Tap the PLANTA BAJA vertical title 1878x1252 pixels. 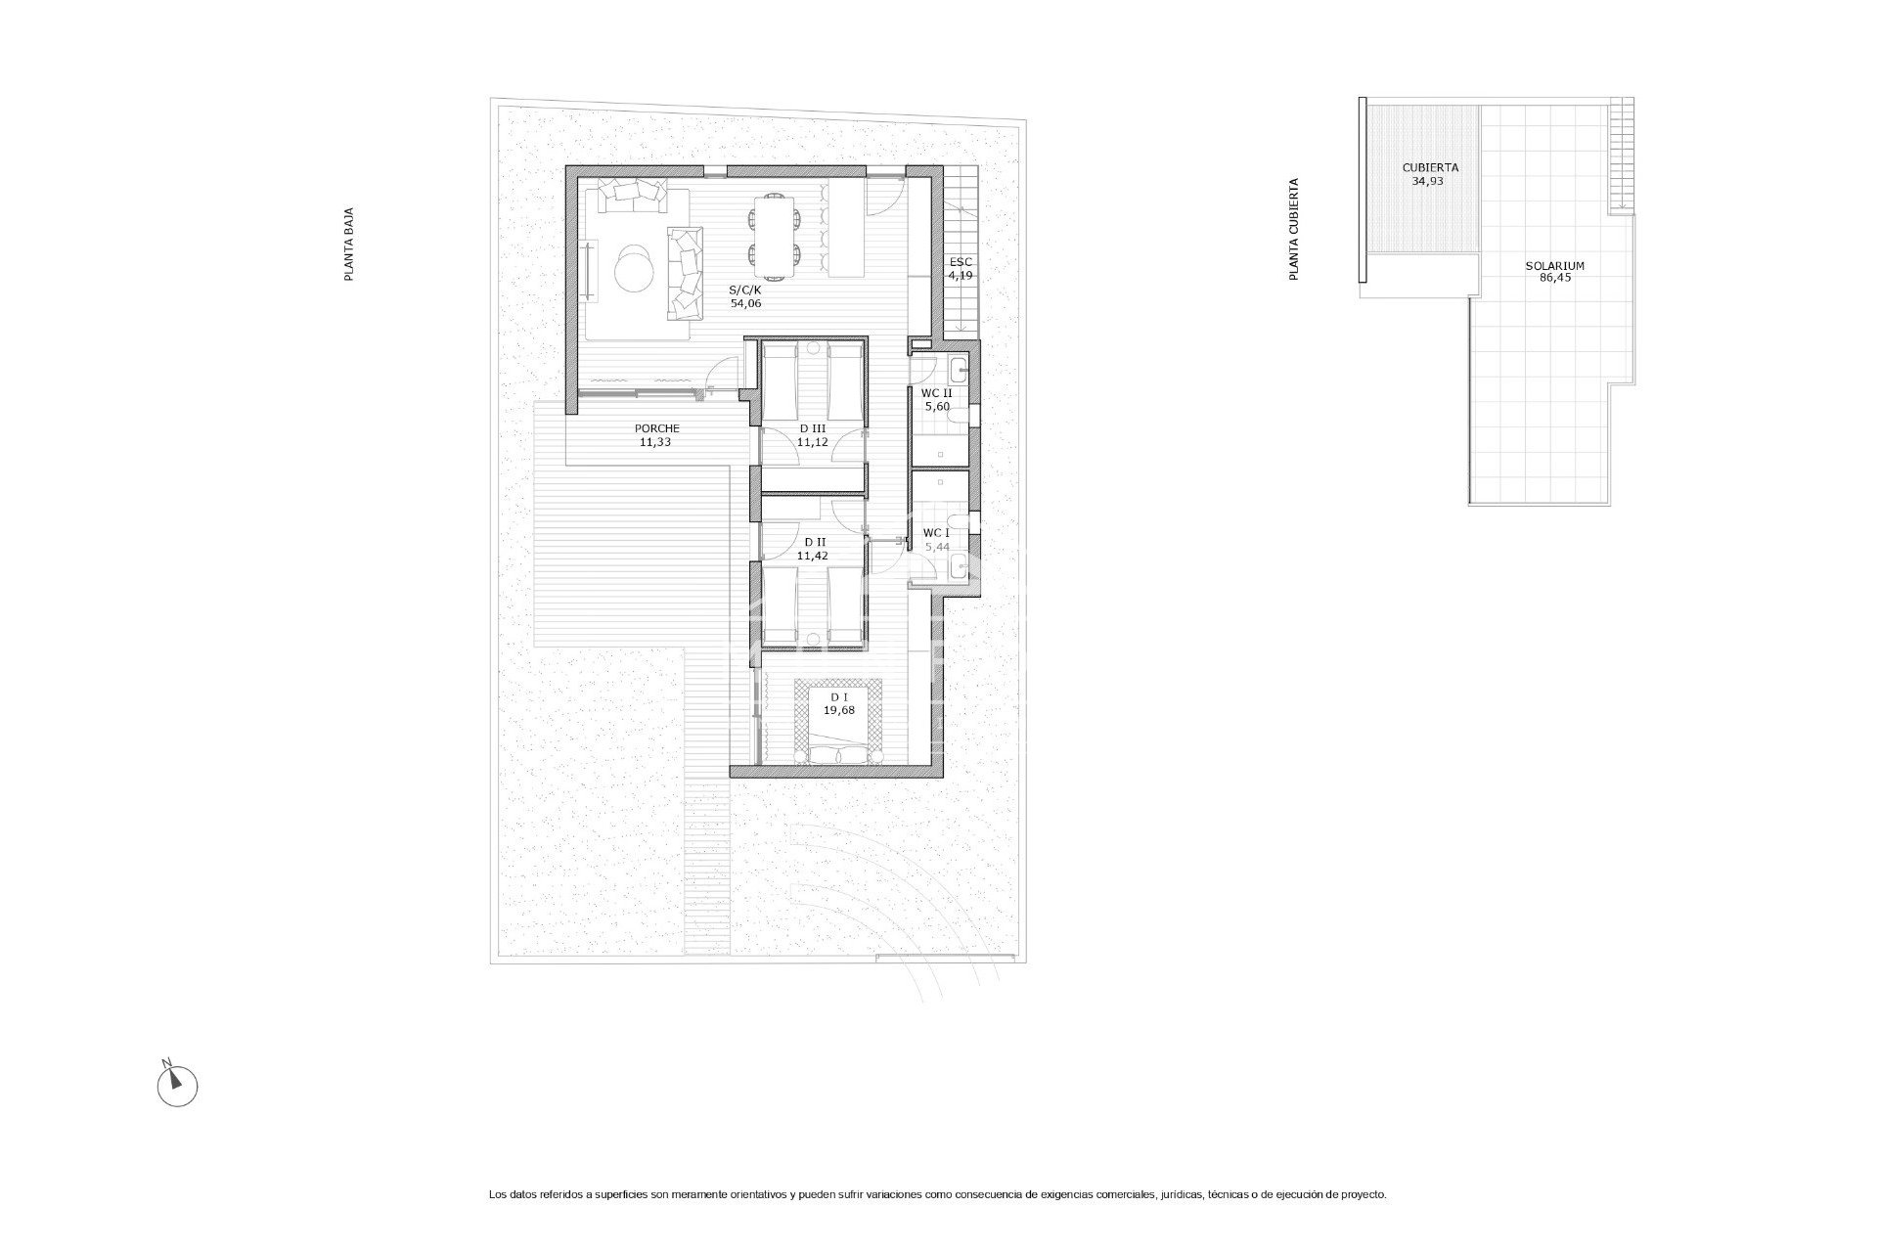348,245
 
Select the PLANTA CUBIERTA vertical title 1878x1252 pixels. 1294,230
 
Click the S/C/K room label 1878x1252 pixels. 745,290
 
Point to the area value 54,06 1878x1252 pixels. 745,303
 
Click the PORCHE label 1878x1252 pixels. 656,428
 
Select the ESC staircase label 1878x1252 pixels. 961,262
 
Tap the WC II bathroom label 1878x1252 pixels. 937,393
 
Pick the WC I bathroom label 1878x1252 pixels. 937,533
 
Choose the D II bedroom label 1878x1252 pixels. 813,542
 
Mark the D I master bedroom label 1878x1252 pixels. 838,697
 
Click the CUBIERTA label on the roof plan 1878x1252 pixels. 1429,167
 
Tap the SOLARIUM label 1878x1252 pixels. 1554,265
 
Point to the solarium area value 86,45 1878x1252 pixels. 1554,278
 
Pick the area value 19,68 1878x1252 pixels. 838,711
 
